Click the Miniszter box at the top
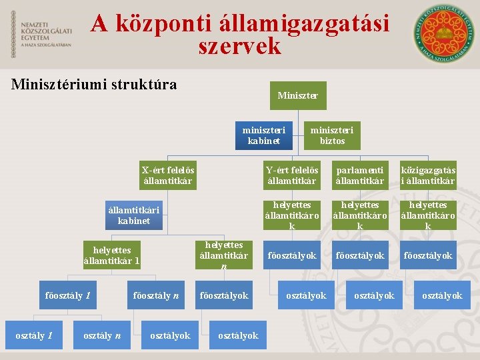297,96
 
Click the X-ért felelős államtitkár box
168,175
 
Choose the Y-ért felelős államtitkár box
292,175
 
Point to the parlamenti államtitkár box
360,175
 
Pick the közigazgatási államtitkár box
428,175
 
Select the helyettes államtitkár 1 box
111,255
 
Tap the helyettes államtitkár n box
224,255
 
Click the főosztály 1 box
67,295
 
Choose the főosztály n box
156,295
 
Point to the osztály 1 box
33,335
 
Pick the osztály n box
101,335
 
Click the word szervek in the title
240,47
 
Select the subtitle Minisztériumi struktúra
95,85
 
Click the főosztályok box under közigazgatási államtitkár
428,255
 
